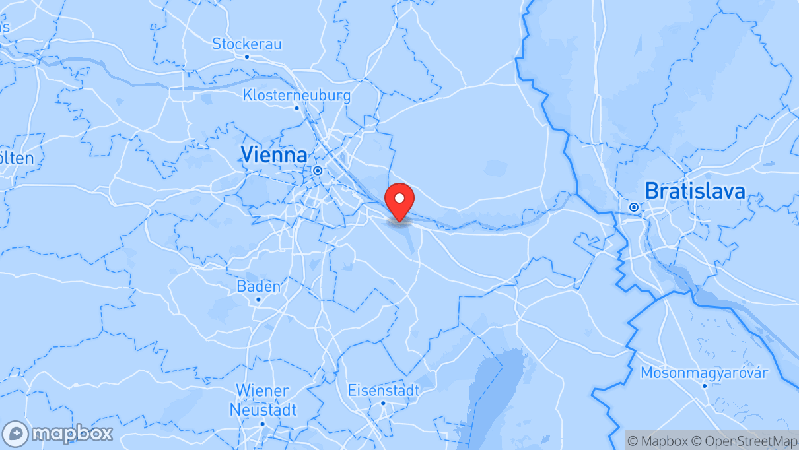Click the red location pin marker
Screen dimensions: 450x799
coord(399,200)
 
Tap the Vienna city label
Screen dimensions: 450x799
coord(273,155)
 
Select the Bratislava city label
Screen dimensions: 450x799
coord(695,191)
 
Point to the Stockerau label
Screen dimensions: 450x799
coord(247,44)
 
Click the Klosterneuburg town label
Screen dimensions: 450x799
coord(296,95)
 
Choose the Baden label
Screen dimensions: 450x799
coord(258,286)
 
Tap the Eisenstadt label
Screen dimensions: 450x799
coord(383,390)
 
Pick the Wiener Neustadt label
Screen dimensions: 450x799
coord(262,399)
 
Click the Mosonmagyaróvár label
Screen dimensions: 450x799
coord(704,373)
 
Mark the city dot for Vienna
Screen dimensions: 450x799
coord(318,170)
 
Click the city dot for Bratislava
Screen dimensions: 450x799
coord(634,207)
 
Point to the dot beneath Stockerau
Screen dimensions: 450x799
coord(247,57)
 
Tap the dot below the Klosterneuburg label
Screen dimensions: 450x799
coord(297,108)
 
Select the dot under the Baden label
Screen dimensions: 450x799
coord(258,299)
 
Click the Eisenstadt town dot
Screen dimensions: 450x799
coord(383,402)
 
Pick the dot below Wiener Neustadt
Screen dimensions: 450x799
coord(262,424)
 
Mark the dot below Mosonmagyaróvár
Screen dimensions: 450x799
coord(705,385)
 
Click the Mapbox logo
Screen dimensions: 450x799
coord(58,434)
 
